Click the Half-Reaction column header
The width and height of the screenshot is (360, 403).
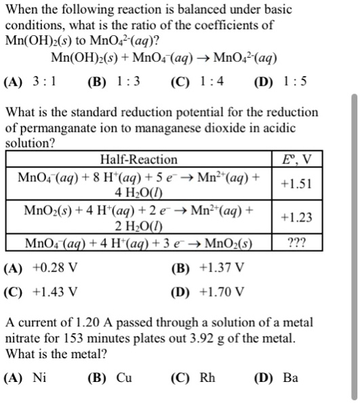[x=138, y=159]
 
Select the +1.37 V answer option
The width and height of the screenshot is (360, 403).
[x=210, y=267]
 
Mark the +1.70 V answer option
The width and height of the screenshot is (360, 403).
[x=210, y=292]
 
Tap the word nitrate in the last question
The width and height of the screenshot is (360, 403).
[x=24, y=337]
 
